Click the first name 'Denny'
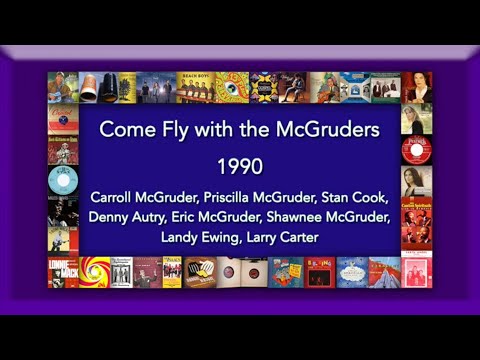click(x=109, y=215)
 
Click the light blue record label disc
click(x=62, y=180)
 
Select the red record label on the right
click(x=415, y=150)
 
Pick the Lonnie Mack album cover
click(x=62, y=272)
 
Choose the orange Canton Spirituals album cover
click(x=415, y=212)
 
